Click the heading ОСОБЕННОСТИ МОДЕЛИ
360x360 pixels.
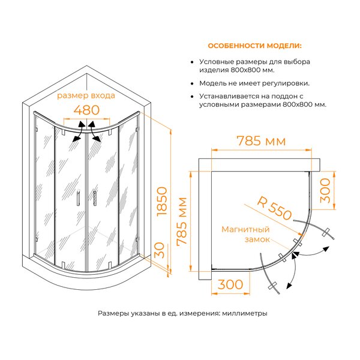point(254,46)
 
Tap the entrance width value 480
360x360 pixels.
point(86,110)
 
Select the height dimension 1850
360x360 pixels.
point(162,201)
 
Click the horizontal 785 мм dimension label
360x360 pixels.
point(261,141)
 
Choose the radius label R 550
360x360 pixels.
point(274,208)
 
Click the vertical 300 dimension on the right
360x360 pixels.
point(325,191)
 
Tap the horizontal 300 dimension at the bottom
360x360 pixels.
point(230,284)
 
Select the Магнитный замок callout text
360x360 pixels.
point(245,234)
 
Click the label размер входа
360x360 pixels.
point(86,95)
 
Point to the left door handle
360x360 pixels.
point(78,197)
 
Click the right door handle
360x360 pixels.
point(95,197)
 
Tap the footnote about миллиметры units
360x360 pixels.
point(182,313)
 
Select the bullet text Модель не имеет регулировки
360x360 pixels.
point(254,83)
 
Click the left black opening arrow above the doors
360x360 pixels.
point(79,131)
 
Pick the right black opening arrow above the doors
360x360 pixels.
point(94,131)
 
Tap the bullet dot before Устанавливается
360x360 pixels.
point(193,97)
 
